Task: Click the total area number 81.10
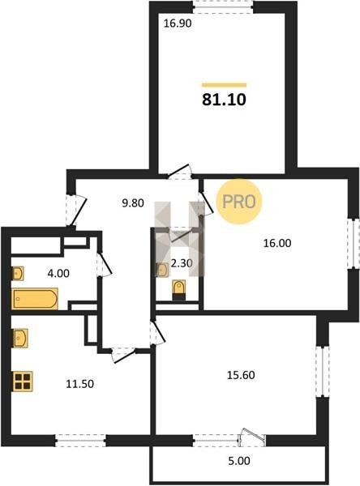pos(224,100)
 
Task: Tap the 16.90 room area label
pos(178,23)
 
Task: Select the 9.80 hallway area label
pos(133,203)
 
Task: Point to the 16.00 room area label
pos(277,243)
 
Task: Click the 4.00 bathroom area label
pos(58,274)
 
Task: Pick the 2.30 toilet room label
pos(182,263)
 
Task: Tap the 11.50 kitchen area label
pos(79,384)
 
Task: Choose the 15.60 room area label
pos(241,375)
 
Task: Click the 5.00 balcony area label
pos(239,461)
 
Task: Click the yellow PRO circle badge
pos(239,202)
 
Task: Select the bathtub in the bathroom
pos(35,299)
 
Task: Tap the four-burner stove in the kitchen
pos(23,382)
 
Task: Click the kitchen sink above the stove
pos(20,338)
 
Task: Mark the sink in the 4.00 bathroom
pos(18,273)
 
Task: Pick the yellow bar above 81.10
pos(224,85)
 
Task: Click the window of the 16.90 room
pos(223,7)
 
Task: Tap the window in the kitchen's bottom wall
pos(81,441)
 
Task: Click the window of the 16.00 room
pos(354,243)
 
